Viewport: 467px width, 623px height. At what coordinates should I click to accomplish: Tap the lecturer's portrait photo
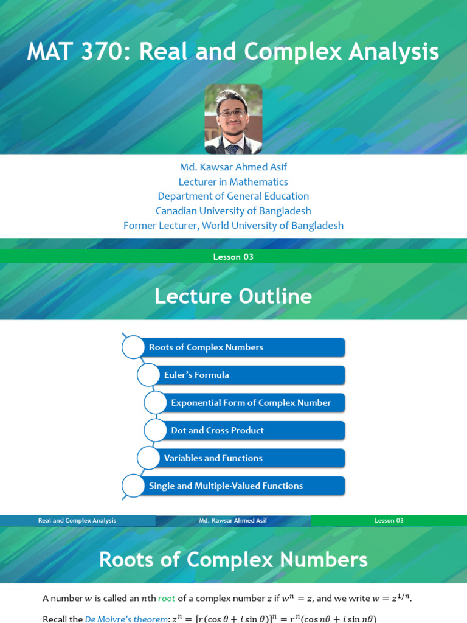[233, 119]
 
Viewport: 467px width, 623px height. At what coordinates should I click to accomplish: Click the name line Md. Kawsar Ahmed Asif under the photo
[233, 167]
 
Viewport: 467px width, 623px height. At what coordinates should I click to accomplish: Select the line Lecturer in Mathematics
[233, 182]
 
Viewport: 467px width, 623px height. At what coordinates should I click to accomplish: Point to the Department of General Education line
[233, 197]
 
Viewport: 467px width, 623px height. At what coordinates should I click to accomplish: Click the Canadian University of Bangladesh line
[233, 211]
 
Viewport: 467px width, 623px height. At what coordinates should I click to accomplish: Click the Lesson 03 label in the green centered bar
[233, 257]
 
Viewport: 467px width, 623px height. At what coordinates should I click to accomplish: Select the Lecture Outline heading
[233, 296]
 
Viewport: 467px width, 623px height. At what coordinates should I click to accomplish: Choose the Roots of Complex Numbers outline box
[243, 347]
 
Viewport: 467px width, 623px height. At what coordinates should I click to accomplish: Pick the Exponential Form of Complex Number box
[254, 403]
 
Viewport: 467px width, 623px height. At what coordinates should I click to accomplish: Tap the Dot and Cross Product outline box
[254, 430]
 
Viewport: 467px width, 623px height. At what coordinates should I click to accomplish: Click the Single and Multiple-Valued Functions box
[243, 486]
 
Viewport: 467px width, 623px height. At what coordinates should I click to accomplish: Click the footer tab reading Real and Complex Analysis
[77, 521]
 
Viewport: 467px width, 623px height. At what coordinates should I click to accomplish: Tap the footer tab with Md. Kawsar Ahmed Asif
[233, 521]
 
